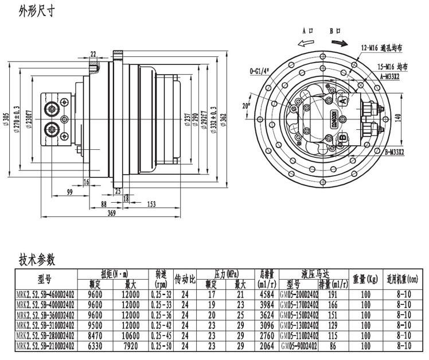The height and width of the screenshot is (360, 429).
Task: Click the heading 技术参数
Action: [37, 260]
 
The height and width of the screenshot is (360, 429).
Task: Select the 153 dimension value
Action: [152, 204]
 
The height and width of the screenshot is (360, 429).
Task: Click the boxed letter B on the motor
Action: [342, 138]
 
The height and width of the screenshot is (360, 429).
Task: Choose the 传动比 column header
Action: [185, 280]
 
